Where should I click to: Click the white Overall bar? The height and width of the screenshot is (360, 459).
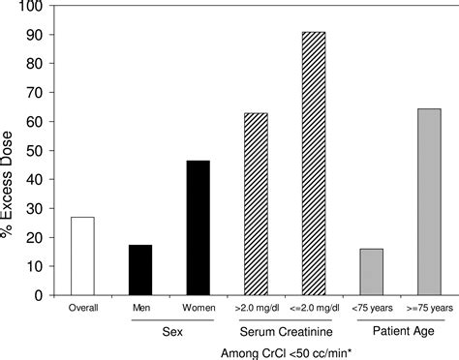click(82, 255)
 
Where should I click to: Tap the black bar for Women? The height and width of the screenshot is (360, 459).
click(198, 226)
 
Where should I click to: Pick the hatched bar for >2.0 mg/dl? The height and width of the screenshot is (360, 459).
click(256, 202)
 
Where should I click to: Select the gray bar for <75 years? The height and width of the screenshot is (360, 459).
click(371, 270)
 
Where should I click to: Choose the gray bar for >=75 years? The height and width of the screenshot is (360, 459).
click(428, 200)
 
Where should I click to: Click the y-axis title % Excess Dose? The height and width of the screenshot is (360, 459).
click(12, 150)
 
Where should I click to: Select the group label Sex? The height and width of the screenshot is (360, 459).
click(169, 328)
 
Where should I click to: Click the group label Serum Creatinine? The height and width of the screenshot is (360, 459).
click(284, 328)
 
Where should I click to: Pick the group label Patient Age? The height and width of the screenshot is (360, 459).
click(399, 328)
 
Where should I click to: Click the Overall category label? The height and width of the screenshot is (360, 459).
click(82, 307)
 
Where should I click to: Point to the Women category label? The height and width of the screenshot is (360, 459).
click(198, 307)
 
